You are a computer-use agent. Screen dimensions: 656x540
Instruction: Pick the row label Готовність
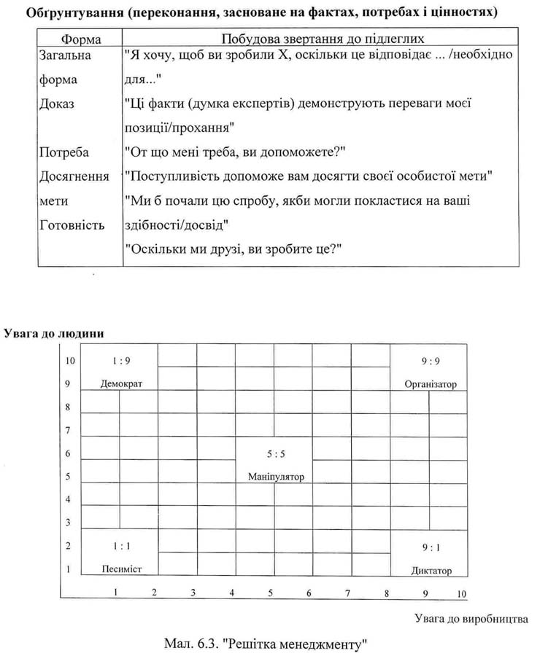[x=73, y=224]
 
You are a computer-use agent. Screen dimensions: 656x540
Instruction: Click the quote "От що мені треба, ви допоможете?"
[x=235, y=152]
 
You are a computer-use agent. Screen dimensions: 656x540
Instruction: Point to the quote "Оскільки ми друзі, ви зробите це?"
[x=234, y=249]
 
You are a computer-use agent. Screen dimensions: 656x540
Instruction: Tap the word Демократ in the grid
[x=121, y=384]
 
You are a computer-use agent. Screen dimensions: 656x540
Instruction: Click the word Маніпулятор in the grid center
[x=275, y=477]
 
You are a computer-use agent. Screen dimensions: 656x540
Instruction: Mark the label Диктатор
[x=431, y=570]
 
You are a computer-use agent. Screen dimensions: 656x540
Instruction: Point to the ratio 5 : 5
[x=276, y=453]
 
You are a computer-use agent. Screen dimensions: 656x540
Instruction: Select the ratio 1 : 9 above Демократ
[x=121, y=360]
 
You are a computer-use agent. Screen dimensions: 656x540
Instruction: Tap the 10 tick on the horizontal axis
[x=461, y=593]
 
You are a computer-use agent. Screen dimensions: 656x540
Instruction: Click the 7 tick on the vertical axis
[x=68, y=431]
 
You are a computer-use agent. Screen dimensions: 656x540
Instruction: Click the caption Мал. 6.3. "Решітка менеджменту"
[x=269, y=644]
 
